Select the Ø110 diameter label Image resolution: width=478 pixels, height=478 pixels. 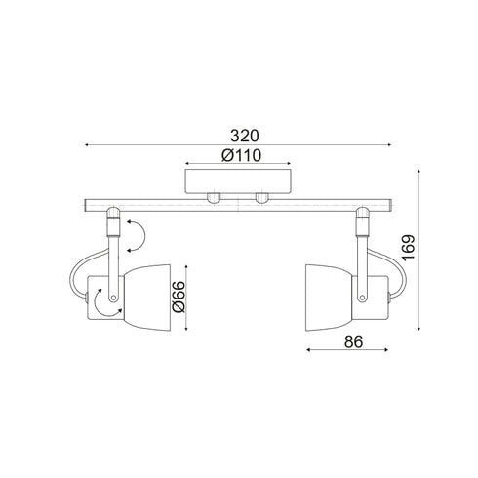pyautogui.click(x=239, y=155)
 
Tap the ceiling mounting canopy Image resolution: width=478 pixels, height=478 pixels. pyautogui.click(x=239, y=182)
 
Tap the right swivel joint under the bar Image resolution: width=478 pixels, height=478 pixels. pyautogui.click(x=363, y=223)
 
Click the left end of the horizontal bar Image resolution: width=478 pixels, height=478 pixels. pyautogui.click(x=85, y=206)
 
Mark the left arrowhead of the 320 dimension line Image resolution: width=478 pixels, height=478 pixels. pyautogui.click(x=87, y=146)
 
